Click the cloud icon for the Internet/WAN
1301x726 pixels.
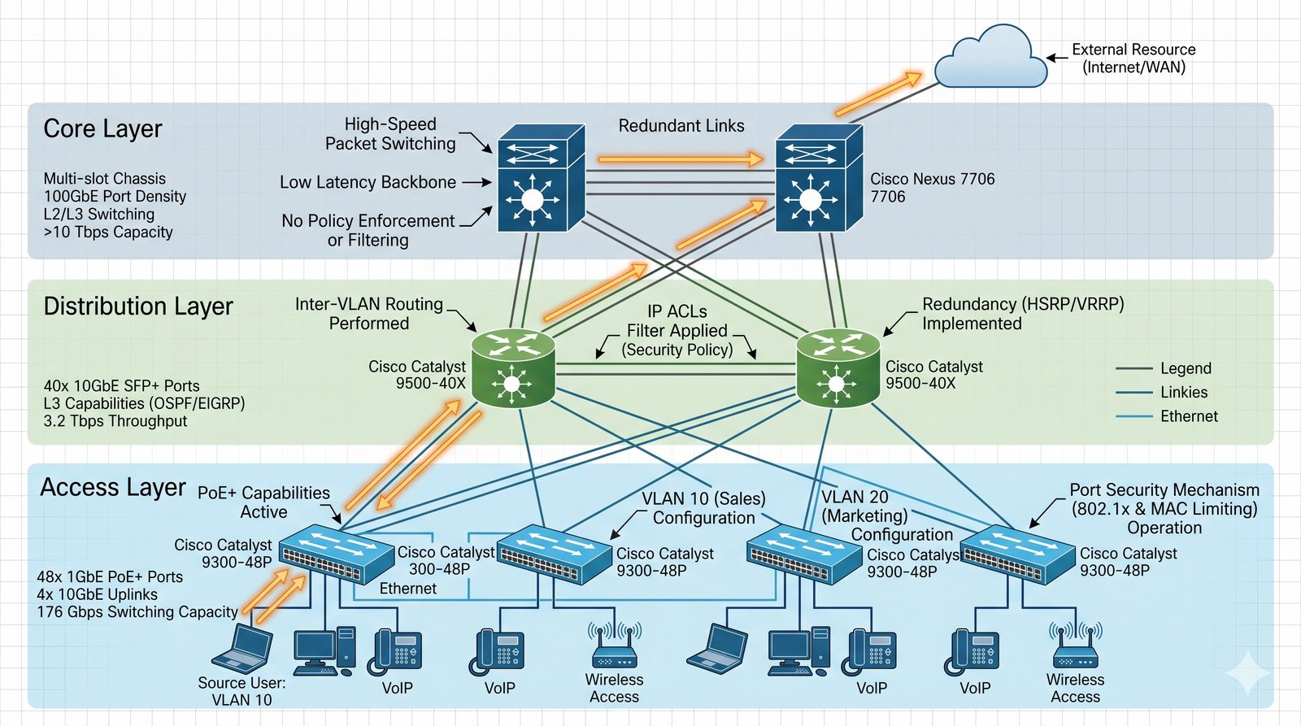pyautogui.click(x=990, y=59)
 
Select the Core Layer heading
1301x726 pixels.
pyautogui.click(x=102, y=128)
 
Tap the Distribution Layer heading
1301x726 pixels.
pyautogui.click(x=138, y=306)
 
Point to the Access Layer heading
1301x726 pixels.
pyautogui.click(x=113, y=487)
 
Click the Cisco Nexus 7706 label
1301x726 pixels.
pyautogui.click(x=932, y=187)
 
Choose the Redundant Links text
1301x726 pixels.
pyautogui.click(x=681, y=126)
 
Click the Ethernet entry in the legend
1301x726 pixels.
pyautogui.click(x=1189, y=416)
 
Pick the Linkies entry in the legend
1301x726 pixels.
pyautogui.click(x=1184, y=392)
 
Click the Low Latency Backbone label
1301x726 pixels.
pyautogui.click(x=368, y=182)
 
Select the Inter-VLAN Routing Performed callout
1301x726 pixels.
pyautogui.click(x=369, y=314)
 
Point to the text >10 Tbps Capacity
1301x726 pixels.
pyautogui.click(x=108, y=233)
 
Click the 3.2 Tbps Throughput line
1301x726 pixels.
pyautogui.click(x=115, y=421)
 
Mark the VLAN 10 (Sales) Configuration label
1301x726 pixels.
pyautogui.click(x=703, y=508)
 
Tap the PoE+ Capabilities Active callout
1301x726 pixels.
pyautogui.click(x=263, y=502)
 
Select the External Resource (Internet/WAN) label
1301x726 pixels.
pyautogui.click(x=1133, y=59)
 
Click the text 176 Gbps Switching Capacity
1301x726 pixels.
pyautogui.click(x=137, y=611)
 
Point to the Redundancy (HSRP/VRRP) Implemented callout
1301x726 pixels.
pyautogui.click(x=1023, y=314)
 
